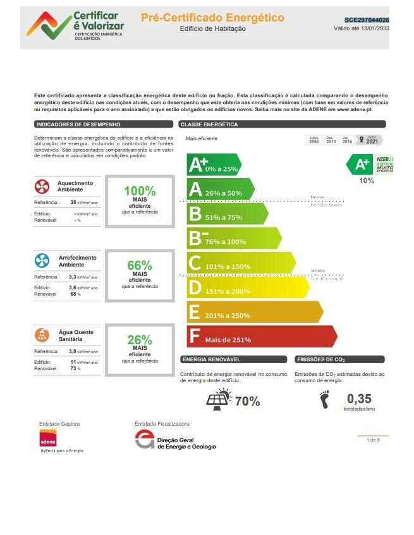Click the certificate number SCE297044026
[367, 20]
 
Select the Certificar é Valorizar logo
[75, 25]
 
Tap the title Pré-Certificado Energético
[212, 18]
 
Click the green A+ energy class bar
[214, 165]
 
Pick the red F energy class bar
[261, 336]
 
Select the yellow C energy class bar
[240, 263]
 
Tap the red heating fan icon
[42, 186]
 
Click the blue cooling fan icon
[42, 261]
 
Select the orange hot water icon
[42, 335]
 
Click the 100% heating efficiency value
[139, 191]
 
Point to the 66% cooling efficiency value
[139, 265]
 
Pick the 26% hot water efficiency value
[139, 340]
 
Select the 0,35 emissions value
[359, 399]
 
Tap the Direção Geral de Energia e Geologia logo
[175, 440]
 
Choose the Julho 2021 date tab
[370, 140]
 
